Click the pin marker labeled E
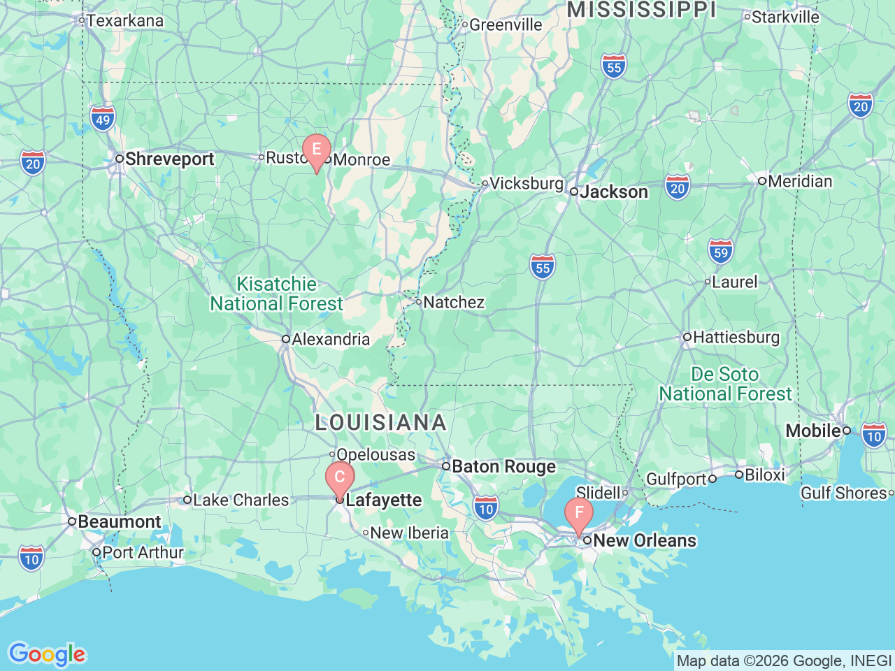tap(317, 150)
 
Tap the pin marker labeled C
tap(340, 477)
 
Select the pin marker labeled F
tap(579, 513)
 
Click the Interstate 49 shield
tap(103, 120)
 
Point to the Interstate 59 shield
tap(721, 252)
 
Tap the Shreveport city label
tap(169, 159)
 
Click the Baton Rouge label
tap(503, 466)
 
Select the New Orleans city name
tap(645, 540)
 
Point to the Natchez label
tap(454, 303)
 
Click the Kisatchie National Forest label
tap(277, 294)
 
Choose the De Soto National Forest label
tap(726, 384)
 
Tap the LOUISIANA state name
tap(381, 422)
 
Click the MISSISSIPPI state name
tap(642, 10)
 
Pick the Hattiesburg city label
tap(736, 338)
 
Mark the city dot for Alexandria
tap(286, 339)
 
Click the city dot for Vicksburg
tap(485, 184)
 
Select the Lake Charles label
tap(241, 500)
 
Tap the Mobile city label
tap(812, 431)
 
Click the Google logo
tap(47, 654)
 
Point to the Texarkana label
tap(124, 21)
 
